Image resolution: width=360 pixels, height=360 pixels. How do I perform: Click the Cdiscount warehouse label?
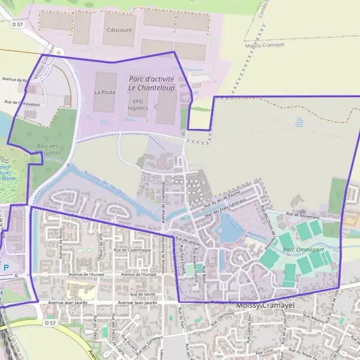118,29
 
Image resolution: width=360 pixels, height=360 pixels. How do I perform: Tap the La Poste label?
104,92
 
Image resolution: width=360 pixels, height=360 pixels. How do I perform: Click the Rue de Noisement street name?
302,214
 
